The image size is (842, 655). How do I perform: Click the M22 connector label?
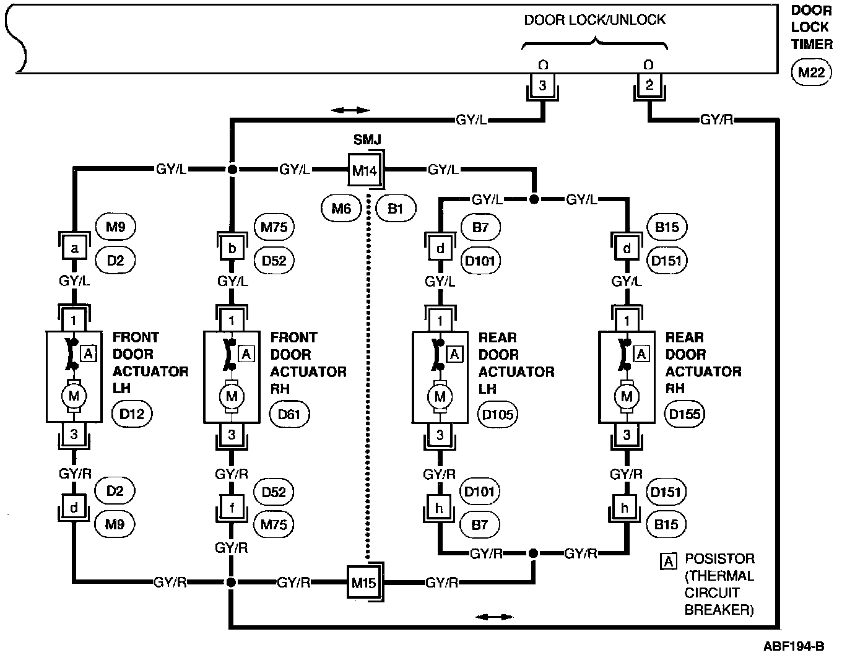click(811, 72)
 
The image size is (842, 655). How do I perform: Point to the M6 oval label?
click(341, 209)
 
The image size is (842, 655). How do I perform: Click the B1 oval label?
click(395, 209)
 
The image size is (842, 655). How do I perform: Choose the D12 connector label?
click(132, 413)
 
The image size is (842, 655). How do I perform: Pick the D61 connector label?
click(290, 413)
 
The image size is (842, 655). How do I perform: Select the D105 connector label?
click(498, 414)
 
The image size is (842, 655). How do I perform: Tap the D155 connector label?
click(685, 413)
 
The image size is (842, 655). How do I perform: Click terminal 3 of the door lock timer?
click(542, 86)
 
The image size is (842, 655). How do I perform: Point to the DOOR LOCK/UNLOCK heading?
click(594, 19)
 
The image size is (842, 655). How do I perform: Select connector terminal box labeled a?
click(74, 249)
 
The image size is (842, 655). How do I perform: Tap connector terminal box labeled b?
click(232, 249)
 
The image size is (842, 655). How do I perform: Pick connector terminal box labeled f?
click(232, 509)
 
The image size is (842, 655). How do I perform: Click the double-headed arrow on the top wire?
click(350, 110)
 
